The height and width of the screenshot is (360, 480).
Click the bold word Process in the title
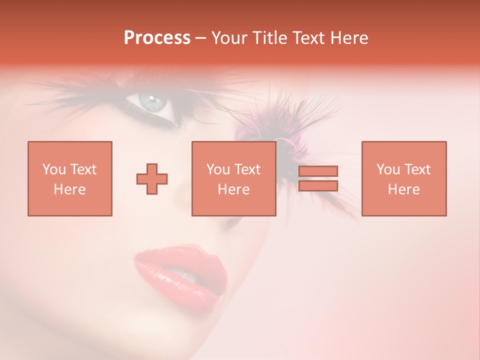(157, 38)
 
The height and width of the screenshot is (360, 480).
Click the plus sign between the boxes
(152, 179)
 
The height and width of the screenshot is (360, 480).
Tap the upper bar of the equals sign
(318, 171)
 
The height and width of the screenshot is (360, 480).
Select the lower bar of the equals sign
(318, 186)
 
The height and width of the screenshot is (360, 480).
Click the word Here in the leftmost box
(70, 189)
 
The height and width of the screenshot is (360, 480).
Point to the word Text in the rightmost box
(418, 170)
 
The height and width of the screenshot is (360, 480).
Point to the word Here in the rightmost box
(404, 189)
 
